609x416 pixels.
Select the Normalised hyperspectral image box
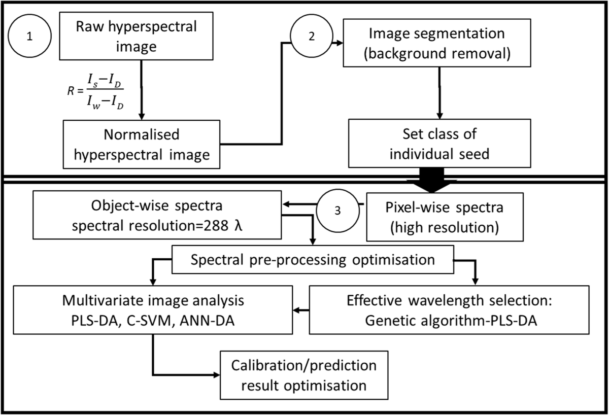pyautogui.click(x=142, y=145)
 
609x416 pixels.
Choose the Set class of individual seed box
pyautogui.click(x=439, y=145)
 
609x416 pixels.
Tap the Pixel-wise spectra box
pyautogui.click(x=438, y=217)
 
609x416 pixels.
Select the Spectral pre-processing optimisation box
pyautogui.click(x=312, y=260)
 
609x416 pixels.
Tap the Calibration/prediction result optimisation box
pyautogui.click(x=304, y=375)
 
